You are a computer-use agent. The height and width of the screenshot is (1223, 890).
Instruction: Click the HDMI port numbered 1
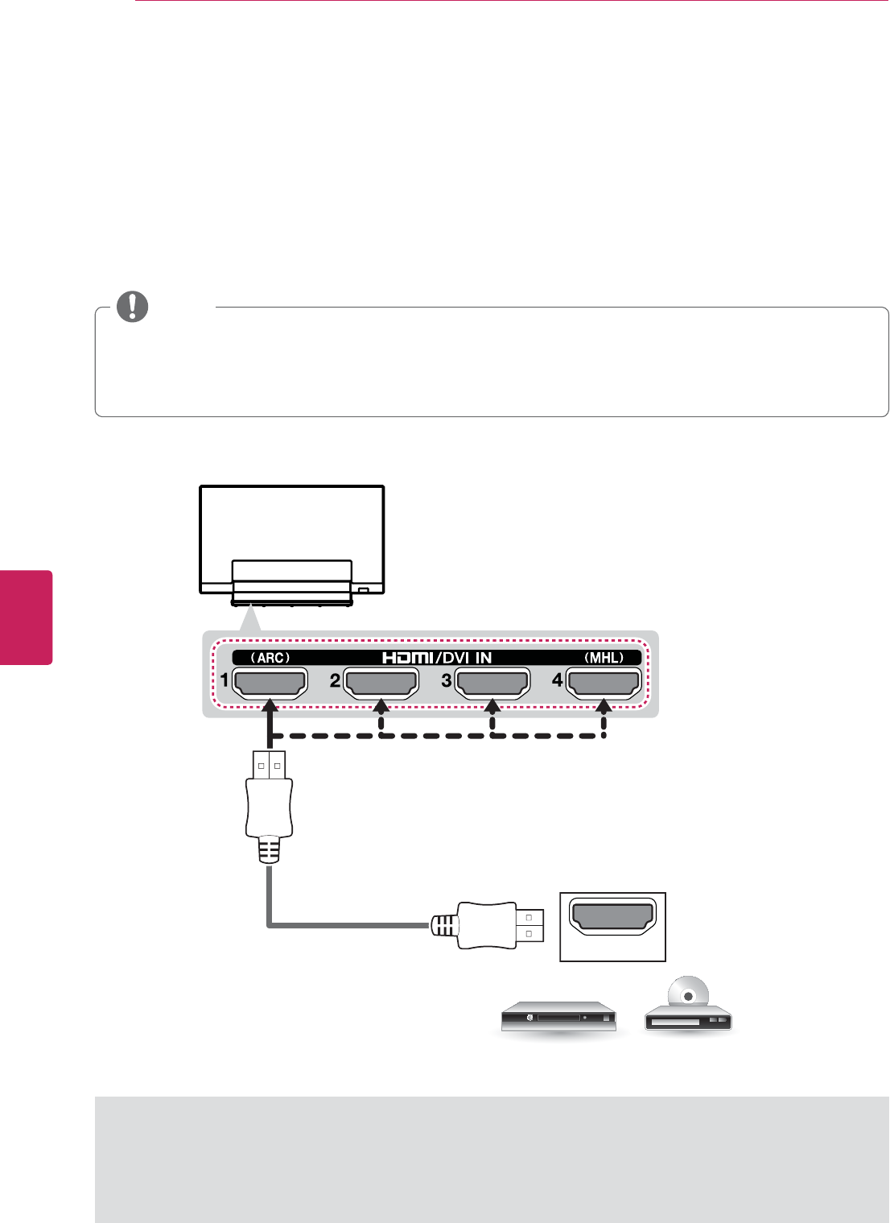point(270,682)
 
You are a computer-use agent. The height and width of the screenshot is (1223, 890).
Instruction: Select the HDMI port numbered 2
point(381,682)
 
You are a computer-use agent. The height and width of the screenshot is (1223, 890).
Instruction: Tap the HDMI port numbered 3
point(492,682)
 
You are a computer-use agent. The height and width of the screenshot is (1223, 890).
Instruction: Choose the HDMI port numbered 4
point(604,682)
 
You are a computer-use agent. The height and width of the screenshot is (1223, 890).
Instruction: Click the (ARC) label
point(270,658)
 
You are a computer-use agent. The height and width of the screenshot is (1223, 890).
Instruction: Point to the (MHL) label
point(604,658)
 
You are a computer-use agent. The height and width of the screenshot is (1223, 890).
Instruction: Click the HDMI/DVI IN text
point(436,658)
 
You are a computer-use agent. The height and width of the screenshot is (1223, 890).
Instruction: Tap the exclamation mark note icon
point(133,307)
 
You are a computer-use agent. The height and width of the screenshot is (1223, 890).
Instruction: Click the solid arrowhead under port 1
point(270,706)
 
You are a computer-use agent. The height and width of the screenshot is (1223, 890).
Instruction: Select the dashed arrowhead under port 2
point(381,706)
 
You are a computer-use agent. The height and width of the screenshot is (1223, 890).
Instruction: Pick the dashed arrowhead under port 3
point(492,706)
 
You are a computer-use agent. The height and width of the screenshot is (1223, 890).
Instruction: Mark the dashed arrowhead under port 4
point(604,706)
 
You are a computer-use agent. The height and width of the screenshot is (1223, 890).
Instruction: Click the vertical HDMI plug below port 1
point(269,805)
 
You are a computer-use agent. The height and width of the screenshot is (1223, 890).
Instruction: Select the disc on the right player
point(689,996)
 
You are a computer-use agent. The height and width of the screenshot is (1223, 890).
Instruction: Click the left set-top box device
point(558,1018)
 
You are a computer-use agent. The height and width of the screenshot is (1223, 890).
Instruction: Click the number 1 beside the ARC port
point(225,681)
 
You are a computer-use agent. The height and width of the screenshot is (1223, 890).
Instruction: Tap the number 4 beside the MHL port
point(557,681)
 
